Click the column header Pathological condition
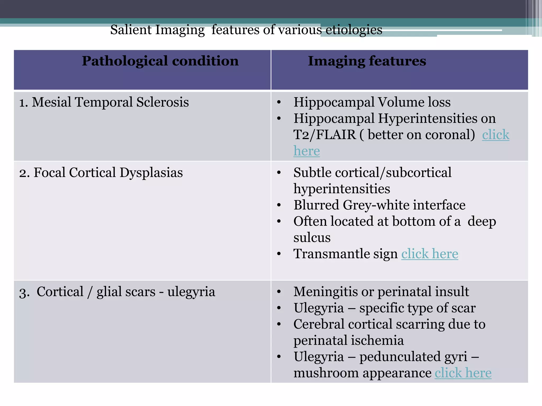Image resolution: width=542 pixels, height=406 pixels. point(160,61)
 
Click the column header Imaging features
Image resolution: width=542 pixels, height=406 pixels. point(367,61)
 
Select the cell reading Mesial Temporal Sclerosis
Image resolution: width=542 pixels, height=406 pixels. point(110,102)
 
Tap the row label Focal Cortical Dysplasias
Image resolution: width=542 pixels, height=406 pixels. point(108,173)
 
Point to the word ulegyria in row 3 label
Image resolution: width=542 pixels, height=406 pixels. point(191,292)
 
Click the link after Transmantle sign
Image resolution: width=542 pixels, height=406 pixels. point(430,254)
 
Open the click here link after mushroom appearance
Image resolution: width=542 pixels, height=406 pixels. point(463,373)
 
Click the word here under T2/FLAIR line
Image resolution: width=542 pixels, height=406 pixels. point(306,151)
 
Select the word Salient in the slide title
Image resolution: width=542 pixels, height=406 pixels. point(131,30)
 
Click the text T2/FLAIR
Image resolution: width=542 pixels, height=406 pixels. point(325,135)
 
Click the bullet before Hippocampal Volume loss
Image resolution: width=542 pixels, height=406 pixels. point(279,102)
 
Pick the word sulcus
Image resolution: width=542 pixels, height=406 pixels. point(312,238)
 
